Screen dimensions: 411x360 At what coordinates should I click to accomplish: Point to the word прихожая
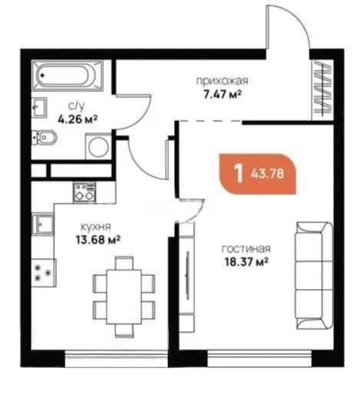click(x=213, y=81)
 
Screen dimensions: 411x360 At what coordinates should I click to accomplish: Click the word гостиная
click(x=246, y=250)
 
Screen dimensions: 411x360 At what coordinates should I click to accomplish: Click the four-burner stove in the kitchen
click(x=43, y=271)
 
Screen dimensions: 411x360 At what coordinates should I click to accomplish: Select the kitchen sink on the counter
click(x=43, y=225)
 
